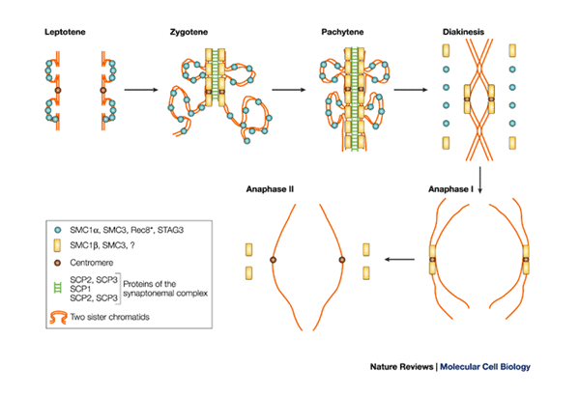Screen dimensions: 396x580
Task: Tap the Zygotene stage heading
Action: point(193,34)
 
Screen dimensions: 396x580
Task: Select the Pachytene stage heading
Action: point(342,34)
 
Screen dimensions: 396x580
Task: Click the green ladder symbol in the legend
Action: point(60,286)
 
